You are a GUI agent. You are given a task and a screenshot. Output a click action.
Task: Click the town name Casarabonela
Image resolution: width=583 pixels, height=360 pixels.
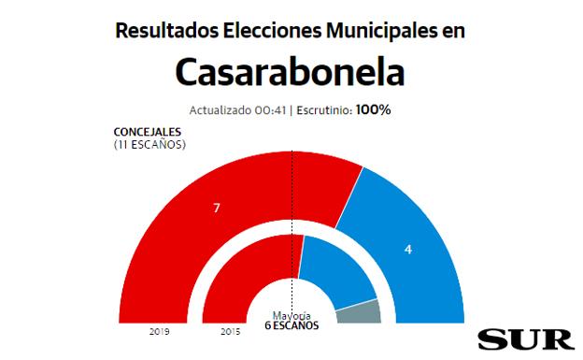(291, 72)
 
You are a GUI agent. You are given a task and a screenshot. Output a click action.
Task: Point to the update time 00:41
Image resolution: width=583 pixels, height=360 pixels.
(270, 110)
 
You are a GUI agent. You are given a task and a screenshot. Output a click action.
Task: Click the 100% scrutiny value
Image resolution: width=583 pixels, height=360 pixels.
(374, 109)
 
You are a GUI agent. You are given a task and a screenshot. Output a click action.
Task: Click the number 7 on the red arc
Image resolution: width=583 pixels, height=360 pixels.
(217, 208)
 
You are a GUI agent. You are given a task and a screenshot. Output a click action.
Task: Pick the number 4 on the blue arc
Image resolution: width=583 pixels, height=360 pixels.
(407, 250)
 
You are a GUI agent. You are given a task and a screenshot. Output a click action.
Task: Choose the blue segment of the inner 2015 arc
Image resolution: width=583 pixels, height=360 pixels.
(332, 266)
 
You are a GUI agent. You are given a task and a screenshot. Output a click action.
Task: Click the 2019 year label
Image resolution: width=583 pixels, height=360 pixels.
(159, 331)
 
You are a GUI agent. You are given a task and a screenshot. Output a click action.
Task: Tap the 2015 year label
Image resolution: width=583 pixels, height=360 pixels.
(230, 331)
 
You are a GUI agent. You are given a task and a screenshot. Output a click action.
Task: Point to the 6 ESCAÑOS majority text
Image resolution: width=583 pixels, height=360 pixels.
(291, 326)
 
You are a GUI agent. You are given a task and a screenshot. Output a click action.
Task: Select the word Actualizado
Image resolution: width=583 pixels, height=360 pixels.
(220, 110)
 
